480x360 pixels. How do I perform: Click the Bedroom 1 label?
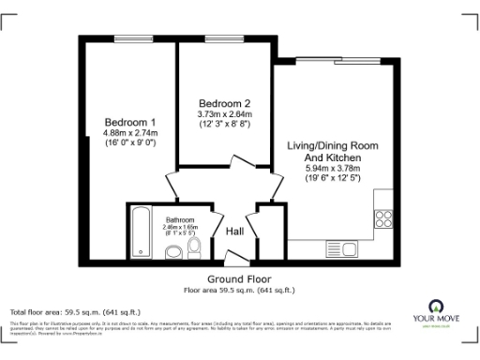pos(130,123)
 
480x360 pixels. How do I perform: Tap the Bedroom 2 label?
pos(223,102)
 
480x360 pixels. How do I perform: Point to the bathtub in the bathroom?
pos(140,232)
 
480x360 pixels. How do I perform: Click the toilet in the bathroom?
pos(194,247)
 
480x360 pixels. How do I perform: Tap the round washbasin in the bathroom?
pos(172,251)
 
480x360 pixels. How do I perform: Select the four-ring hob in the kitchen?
pos(383,219)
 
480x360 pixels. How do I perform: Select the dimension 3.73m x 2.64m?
pos(223,113)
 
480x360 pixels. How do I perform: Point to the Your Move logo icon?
pos(435,306)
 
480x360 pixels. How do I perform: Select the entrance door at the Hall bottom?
pos(237,252)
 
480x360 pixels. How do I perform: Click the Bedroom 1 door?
pos(173,183)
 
